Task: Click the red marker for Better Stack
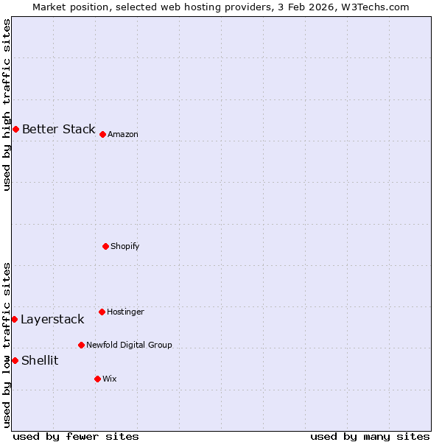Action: [15, 130]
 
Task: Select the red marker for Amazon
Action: [102, 134]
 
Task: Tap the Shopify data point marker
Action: [105, 246]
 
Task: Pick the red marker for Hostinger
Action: [102, 312]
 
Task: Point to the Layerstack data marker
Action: [14, 319]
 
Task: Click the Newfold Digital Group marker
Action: [81, 345]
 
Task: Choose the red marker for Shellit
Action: [15, 360]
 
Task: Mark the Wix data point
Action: [97, 379]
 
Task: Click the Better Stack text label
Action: [58, 130]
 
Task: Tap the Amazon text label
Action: [123, 135]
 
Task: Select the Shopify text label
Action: [125, 246]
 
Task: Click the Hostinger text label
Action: [125, 312]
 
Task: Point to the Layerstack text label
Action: [52, 320]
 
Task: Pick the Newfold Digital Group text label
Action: [129, 345]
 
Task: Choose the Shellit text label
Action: [40, 361]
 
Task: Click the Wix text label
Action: [109, 379]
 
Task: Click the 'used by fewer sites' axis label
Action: [76, 437]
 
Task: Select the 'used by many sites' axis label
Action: [370, 437]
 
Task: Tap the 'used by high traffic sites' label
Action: [7, 105]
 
